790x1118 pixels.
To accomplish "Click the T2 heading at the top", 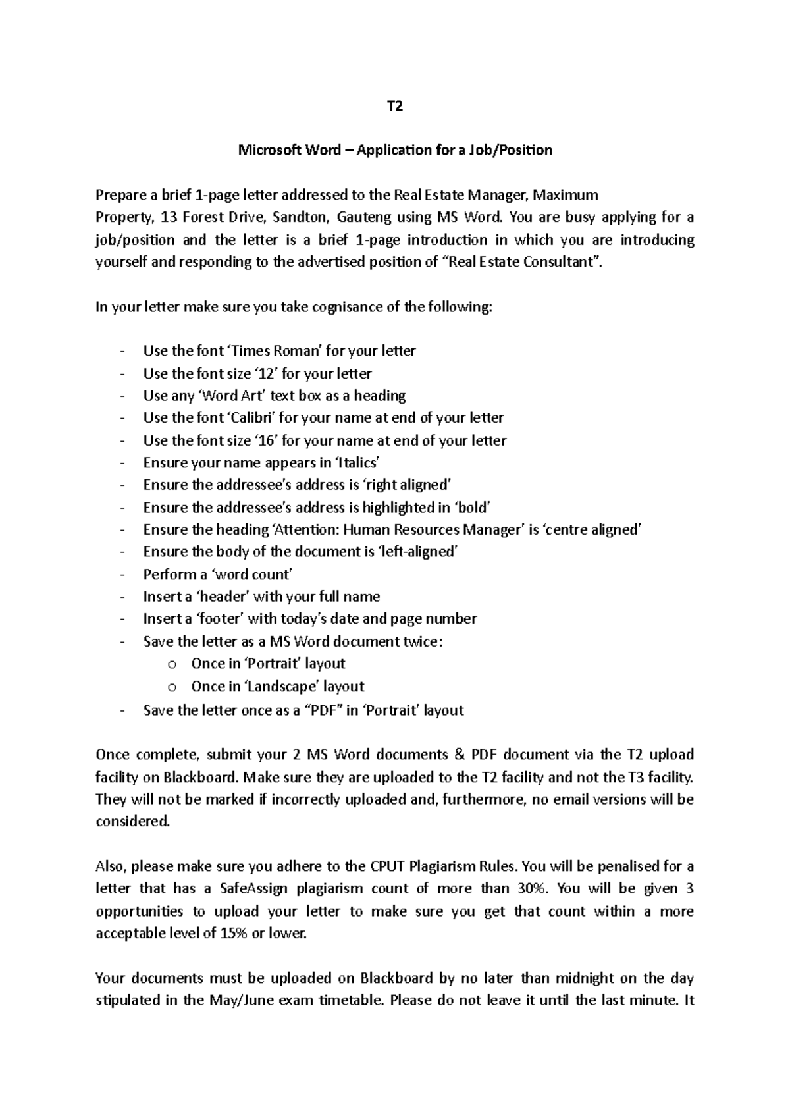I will click(x=394, y=105).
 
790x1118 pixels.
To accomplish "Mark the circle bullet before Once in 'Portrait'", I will click(x=172, y=664).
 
